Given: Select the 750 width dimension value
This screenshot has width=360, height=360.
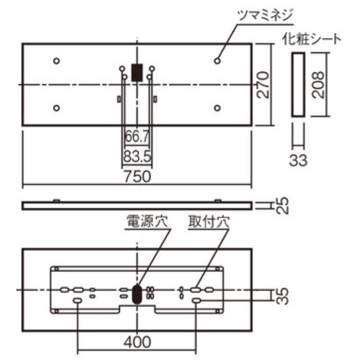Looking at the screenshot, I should click(x=137, y=176).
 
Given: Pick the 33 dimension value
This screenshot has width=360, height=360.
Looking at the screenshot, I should click(x=297, y=160).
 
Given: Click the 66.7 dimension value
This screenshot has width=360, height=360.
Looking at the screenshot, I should click(x=137, y=138).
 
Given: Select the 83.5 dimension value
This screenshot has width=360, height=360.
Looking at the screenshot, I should click(x=137, y=155).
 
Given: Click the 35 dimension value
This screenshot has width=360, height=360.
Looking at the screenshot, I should click(x=281, y=296).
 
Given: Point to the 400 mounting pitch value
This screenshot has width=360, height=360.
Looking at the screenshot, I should click(x=137, y=341).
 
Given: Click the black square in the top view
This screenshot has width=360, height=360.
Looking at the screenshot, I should click(x=137, y=72).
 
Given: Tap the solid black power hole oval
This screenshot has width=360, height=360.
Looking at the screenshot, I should click(x=137, y=294).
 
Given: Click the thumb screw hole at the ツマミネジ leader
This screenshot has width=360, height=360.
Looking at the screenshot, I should click(x=218, y=61).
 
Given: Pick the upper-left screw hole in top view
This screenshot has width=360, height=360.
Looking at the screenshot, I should click(x=57, y=61).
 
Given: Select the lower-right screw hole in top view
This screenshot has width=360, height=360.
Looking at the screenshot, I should click(x=218, y=107).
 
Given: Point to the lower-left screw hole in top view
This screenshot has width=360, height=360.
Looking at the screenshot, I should click(x=57, y=107).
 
